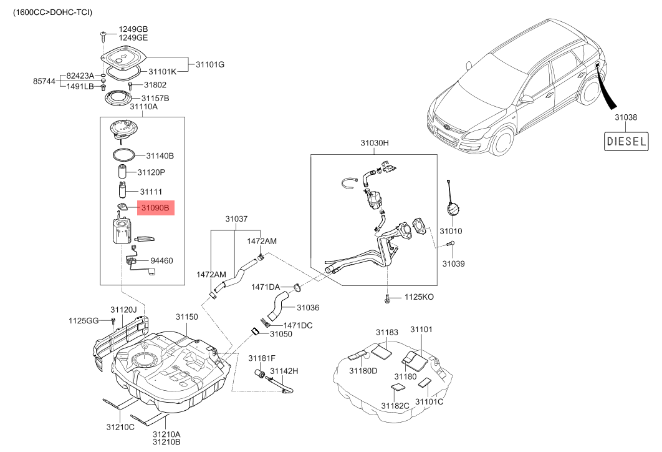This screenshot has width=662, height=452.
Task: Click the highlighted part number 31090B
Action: (155, 208)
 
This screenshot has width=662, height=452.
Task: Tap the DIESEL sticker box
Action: (626, 141)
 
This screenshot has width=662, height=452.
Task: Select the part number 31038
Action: (625, 117)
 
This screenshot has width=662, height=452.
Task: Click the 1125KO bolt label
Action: (419, 297)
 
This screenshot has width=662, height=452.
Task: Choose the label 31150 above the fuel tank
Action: (186, 317)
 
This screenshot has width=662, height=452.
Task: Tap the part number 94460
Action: (161, 261)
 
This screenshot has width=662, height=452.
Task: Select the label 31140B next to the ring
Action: (160, 155)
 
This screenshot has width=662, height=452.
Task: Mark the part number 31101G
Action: (210, 64)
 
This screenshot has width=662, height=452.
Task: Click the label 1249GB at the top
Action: (133, 29)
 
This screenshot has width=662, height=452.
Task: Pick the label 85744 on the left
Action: (44, 81)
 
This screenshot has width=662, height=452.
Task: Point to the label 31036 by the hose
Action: (308, 307)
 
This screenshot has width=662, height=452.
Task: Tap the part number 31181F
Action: (262, 358)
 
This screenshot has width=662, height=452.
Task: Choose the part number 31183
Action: (386, 333)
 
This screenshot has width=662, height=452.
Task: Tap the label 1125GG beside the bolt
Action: (84, 320)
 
